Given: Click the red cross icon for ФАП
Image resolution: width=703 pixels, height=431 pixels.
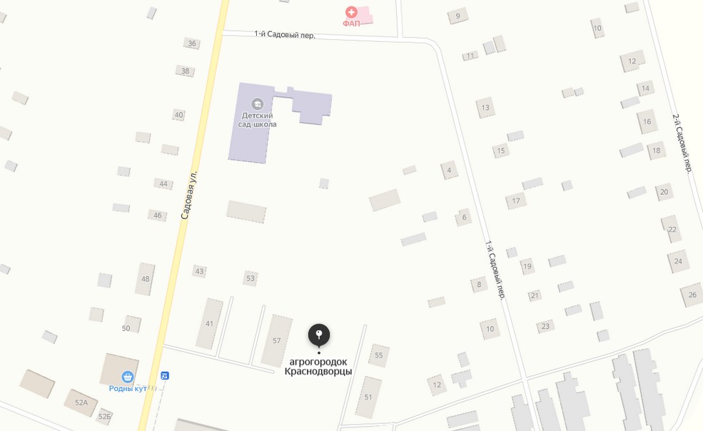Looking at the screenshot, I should pos(351,11).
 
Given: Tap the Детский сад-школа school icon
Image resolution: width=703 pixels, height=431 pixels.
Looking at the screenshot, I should pos(258,104).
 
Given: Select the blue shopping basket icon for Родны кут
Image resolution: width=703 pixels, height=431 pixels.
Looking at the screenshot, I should pos(128,377).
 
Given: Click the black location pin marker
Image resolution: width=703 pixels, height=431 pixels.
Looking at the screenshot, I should pos(319,335).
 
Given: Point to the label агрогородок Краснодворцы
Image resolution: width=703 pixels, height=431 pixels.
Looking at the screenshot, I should pos(318,366).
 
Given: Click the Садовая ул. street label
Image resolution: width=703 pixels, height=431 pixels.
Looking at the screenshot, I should pos(188,194).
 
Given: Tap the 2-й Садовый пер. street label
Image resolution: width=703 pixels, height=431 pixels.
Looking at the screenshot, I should pos(682,143).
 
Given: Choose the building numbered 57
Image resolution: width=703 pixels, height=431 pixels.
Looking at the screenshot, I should pos(276,340).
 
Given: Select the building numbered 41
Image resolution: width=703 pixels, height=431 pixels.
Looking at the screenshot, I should pos(209,323).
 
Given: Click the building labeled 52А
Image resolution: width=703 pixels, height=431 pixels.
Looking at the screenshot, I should pos(81,402).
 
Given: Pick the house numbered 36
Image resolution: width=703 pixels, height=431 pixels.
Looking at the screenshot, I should pos(191,44).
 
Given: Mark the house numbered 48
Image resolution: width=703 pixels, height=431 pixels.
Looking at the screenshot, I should pos(145,279).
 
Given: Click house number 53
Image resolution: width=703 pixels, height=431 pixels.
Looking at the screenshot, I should pos(250,278).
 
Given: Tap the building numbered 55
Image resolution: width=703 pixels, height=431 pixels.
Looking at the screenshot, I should pos(378,355).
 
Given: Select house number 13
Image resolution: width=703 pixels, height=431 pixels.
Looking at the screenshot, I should pos(485,108).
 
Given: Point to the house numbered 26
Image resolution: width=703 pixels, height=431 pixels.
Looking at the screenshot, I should pos(692,295).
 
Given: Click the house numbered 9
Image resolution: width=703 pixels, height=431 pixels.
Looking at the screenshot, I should pos(457,16).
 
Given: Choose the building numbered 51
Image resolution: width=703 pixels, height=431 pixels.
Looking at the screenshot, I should pos(368,397).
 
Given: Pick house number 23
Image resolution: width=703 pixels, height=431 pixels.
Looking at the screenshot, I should pos(545,326).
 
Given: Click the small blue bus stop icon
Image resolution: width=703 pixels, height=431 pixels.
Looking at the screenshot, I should pos(165,375).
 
